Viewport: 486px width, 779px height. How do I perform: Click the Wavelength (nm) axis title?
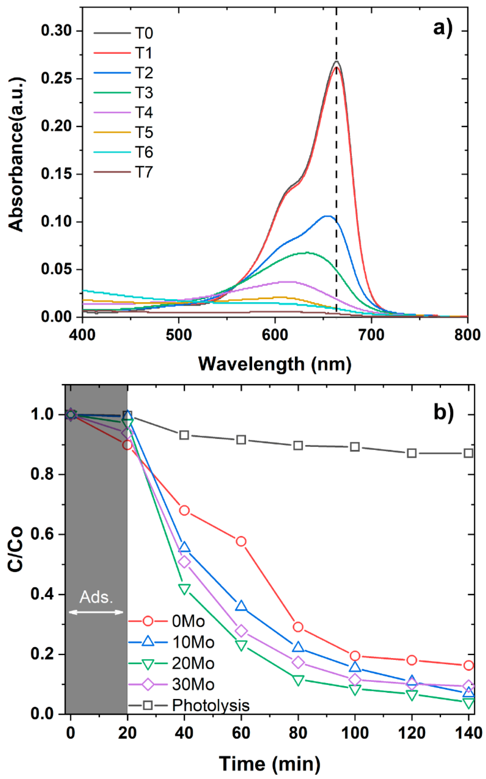[275, 364]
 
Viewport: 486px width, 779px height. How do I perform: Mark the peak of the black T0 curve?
[336, 61]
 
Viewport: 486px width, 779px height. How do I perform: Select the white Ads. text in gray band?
[96, 597]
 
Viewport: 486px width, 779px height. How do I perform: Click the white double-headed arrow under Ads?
[96, 612]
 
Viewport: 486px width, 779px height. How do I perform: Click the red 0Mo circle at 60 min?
[241, 541]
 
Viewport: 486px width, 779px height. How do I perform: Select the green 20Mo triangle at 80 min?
[298, 680]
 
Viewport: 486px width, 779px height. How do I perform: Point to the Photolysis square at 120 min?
[412, 453]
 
